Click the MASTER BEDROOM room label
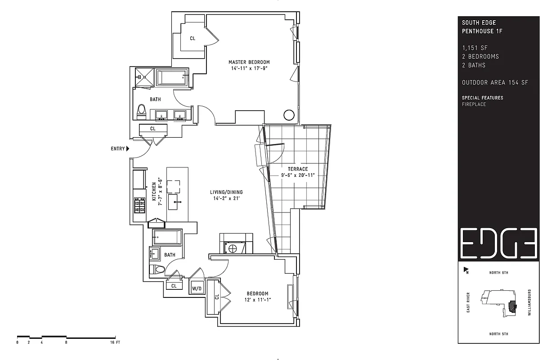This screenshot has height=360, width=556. [x=249, y=62]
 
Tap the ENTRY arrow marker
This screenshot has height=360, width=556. [x=128, y=148]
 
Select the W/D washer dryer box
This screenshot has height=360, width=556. [x=197, y=288]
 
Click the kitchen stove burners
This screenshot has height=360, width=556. [x=139, y=205]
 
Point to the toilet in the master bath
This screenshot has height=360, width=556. [x=141, y=112]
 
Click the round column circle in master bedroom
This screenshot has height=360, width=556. [x=289, y=115]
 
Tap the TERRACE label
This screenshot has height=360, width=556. [x=298, y=169]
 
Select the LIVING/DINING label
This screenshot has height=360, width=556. [x=226, y=192]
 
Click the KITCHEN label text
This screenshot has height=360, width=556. [x=154, y=192]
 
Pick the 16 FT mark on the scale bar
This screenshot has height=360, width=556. [x=115, y=342]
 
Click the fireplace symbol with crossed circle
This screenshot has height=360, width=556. [x=233, y=248]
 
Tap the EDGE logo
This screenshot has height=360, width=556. [x=498, y=243]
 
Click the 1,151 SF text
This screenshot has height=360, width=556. [x=475, y=48]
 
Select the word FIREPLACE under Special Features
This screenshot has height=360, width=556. [x=474, y=104]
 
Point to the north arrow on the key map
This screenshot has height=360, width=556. [x=466, y=270]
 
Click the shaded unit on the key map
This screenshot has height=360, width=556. [x=512, y=307]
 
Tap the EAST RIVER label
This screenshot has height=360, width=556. [x=468, y=302]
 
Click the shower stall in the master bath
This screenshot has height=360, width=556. [x=144, y=77]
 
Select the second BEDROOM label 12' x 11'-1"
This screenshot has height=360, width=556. [x=257, y=297]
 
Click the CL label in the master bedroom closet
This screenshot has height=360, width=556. [x=193, y=38]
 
